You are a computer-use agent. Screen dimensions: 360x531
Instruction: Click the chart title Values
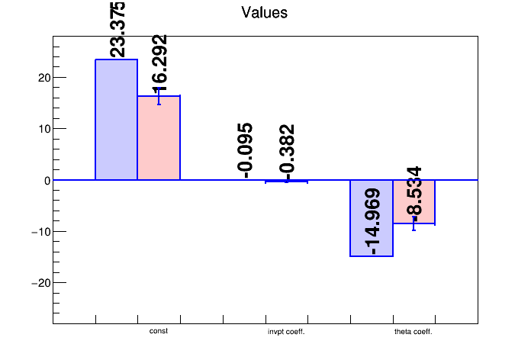point(264,13)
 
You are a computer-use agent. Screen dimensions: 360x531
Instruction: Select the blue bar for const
point(116,120)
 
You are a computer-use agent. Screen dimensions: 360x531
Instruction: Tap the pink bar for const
point(159,138)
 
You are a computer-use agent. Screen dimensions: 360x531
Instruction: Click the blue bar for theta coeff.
point(372,218)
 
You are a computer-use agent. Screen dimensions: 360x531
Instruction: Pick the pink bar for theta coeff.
point(414,202)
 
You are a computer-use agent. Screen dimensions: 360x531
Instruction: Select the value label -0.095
point(245,150)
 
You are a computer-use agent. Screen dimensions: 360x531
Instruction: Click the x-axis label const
point(159,331)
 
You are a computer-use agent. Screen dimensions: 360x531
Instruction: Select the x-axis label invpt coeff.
point(286,332)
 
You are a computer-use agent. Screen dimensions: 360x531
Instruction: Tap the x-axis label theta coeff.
point(414,332)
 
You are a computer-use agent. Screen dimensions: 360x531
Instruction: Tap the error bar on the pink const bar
point(159,96)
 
